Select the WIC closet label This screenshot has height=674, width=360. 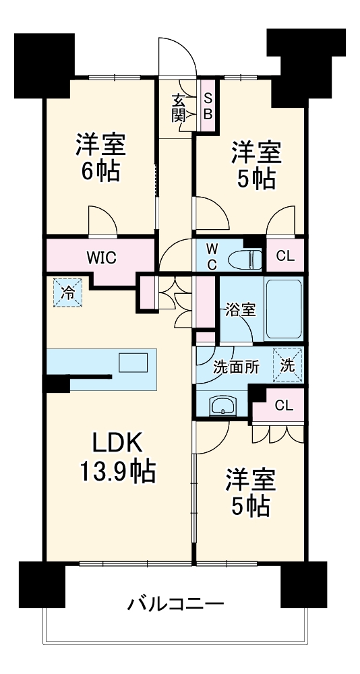coord(101,257)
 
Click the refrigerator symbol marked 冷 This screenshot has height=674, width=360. coord(68,293)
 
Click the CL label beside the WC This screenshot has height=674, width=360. coord(284,257)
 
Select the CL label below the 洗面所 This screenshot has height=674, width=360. coord(284,405)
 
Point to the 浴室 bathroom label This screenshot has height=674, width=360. coord(240,310)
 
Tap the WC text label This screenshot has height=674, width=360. coord(211,257)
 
